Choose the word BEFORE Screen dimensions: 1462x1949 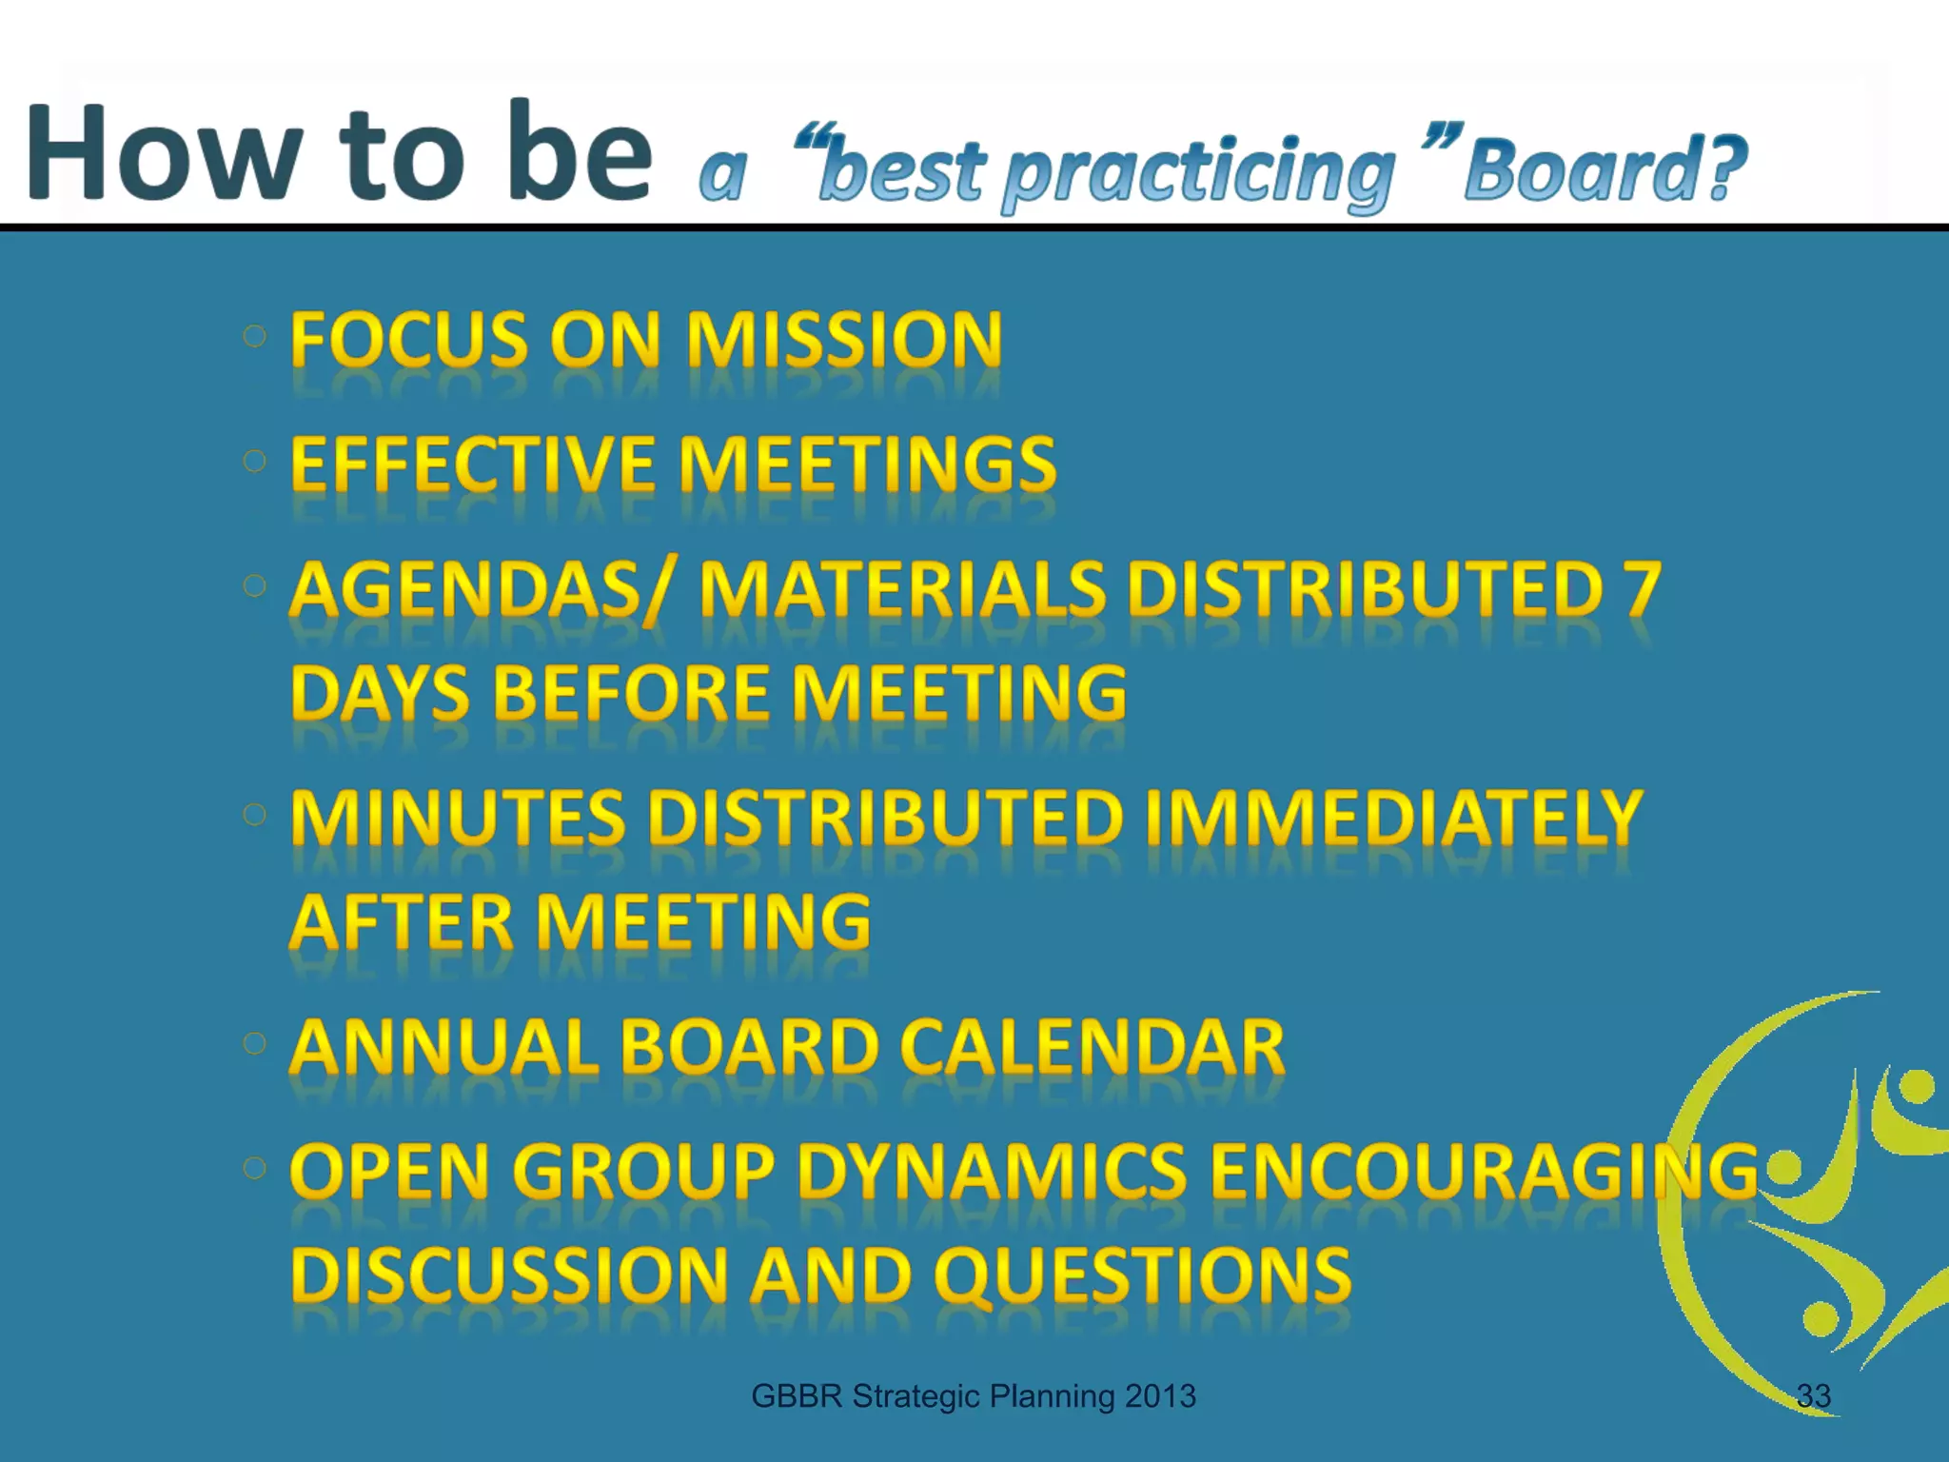(x=631, y=693)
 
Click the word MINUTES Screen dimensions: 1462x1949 (x=458, y=819)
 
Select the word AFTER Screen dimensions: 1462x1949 (x=401, y=922)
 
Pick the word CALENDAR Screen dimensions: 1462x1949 (x=1092, y=1047)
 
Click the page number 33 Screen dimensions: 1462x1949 (x=1813, y=1395)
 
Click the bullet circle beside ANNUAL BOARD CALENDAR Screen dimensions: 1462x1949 (x=254, y=1043)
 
